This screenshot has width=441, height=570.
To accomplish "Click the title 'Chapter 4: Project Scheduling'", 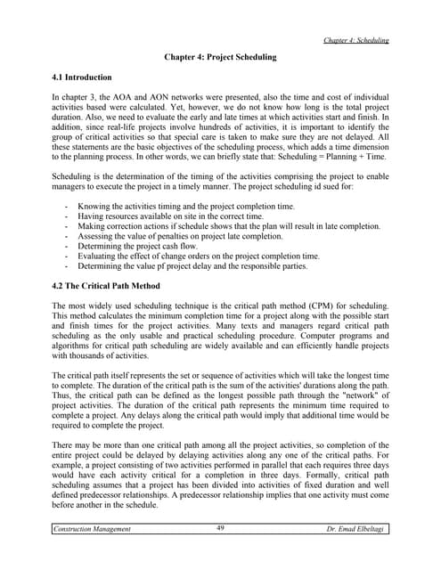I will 220,57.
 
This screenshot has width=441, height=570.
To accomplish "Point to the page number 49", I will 220,529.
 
